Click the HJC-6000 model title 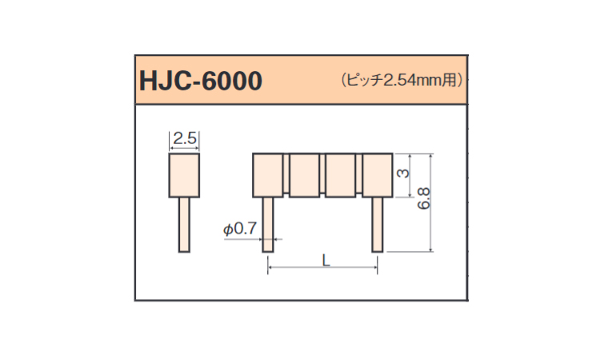[x=201, y=81]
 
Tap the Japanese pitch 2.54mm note [x=402, y=80]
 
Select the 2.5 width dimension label [x=185, y=138]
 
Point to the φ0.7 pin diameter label [x=240, y=229]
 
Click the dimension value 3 [x=403, y=174]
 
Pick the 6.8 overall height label [x=424, y=198]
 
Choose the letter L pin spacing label [x=326, y=261]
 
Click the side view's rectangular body [x=184, y=176]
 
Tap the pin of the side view [x=184, y=225]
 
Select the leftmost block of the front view [x=268, y=175]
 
